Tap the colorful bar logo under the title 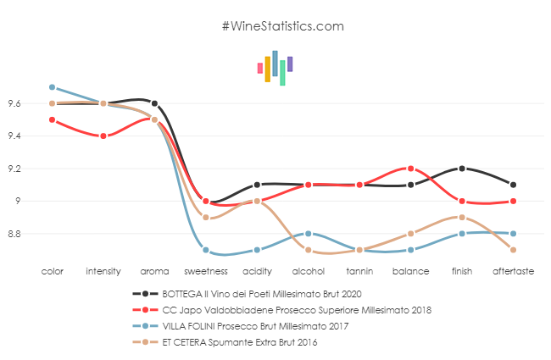[x=275, y=68]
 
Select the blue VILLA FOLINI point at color [x=52, y=87]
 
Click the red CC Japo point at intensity [x=103, y=136]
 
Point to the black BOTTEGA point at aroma [x=154, y=103]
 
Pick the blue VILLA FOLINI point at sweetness [x=206, y=250]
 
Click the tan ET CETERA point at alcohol [x=309, y=250]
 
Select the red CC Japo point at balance [x=411, y=169]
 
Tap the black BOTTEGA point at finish [x=462, y=169]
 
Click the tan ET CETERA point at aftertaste [x=514, y=250]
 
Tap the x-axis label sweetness [x=206, y=273]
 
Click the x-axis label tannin [x=359, y=273]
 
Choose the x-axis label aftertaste [x=514, y=273]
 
